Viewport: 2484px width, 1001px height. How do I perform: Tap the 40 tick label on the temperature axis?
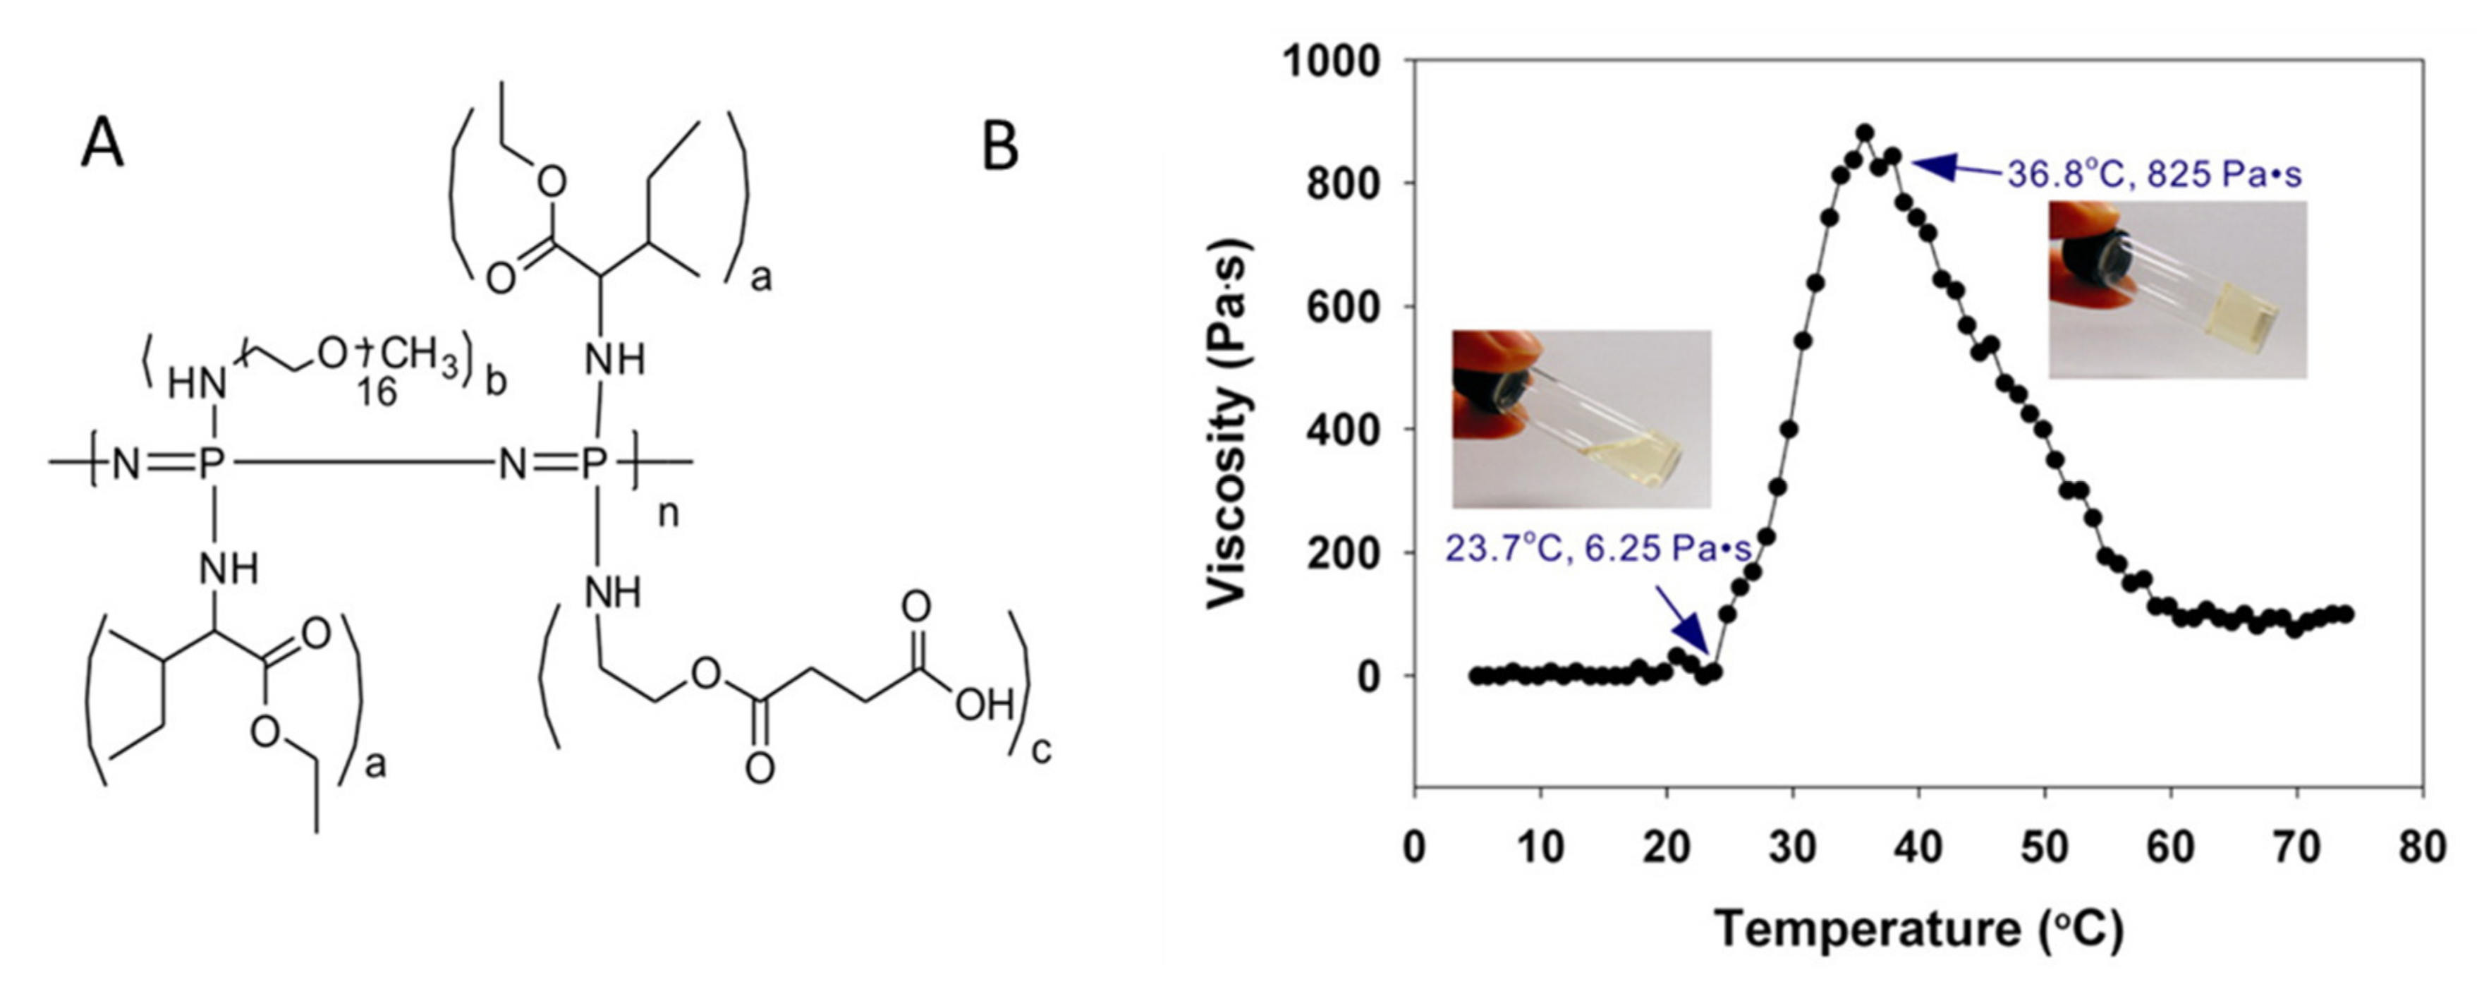[x=1919, y=848]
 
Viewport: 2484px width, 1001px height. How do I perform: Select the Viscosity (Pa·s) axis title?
[x=1229, y=425]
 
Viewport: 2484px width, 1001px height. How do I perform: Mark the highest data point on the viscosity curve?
[x=1865, y=133]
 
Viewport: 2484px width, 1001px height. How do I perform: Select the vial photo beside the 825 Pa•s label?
[x=2177, y=289]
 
